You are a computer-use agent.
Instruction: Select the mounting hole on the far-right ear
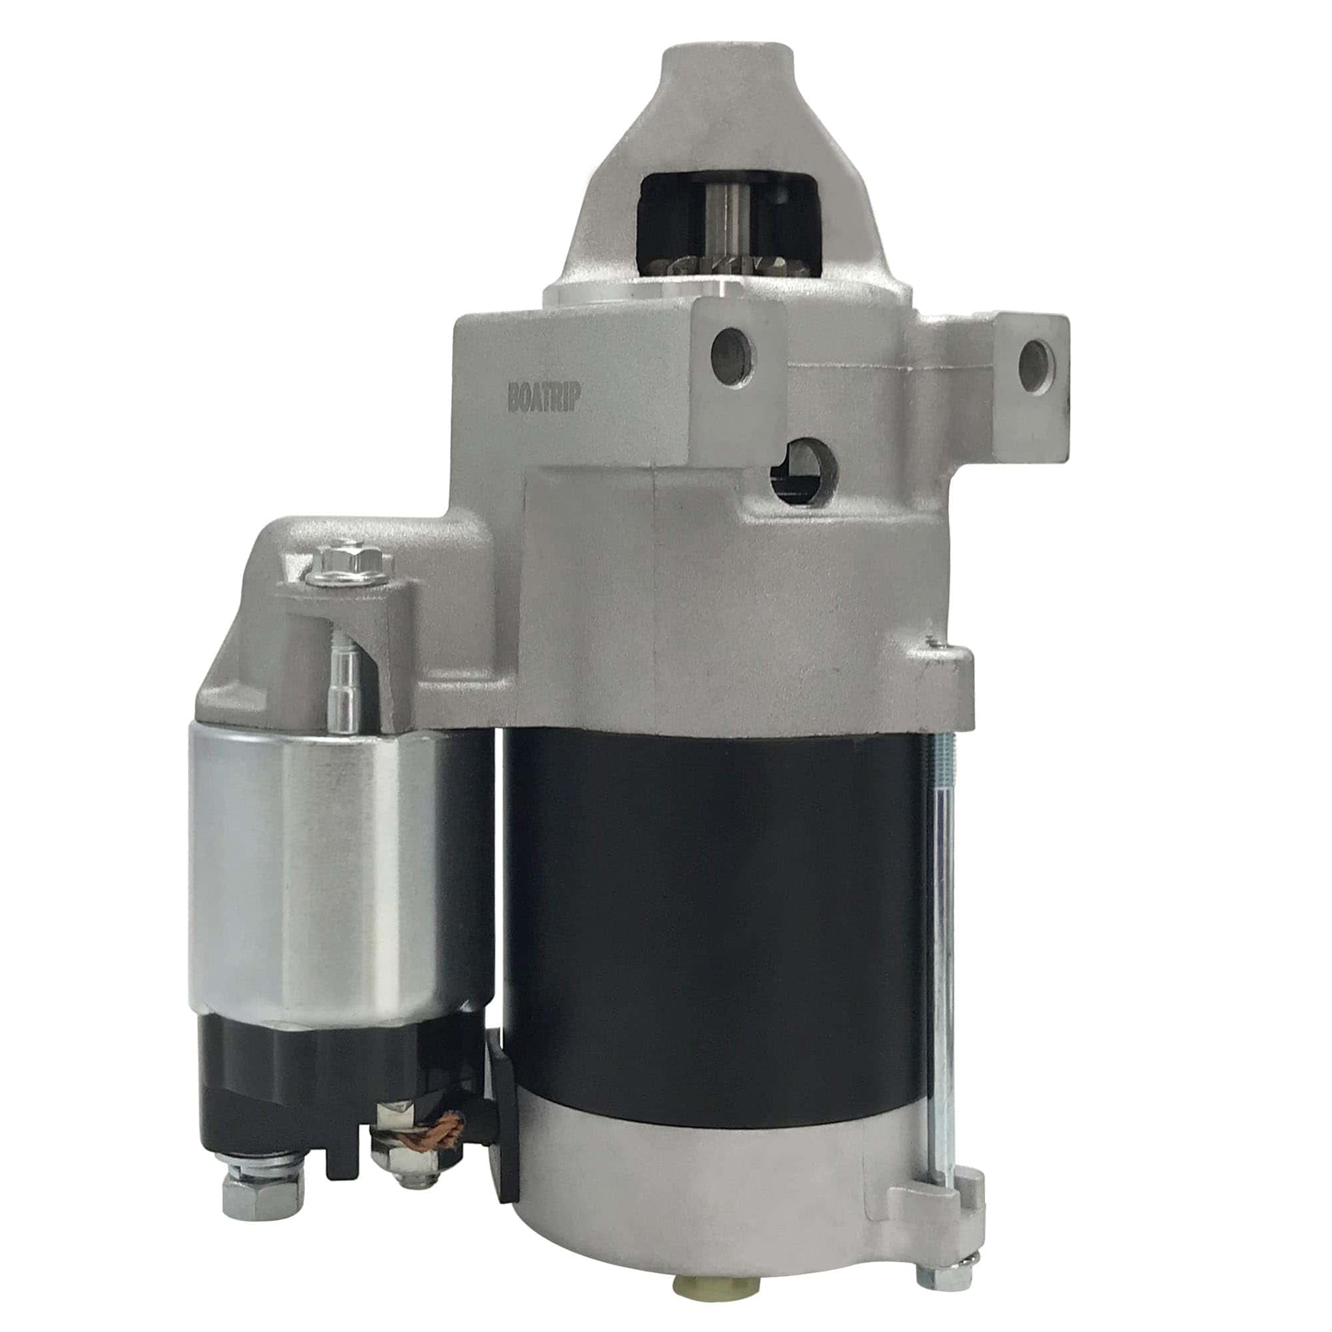pos(1035,359)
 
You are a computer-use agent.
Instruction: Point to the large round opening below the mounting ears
pos(804,472)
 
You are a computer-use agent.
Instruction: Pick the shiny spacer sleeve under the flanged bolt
pos(346,689)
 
